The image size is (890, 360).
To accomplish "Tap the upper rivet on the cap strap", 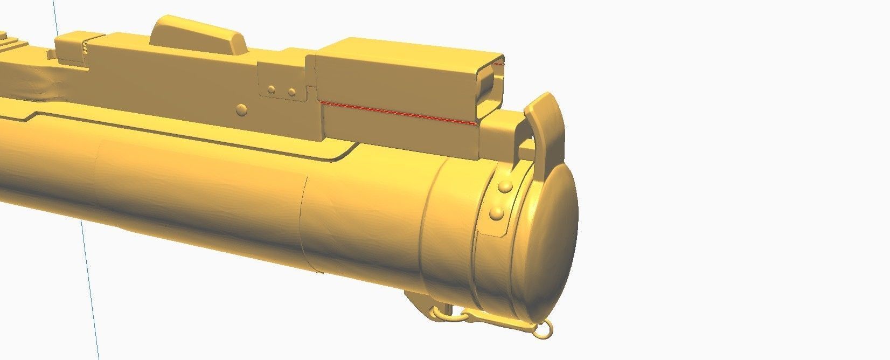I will tap(505, 187).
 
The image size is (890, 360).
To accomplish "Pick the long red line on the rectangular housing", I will tap(399, 112).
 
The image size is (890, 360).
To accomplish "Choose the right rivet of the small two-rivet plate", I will tap(291, 92).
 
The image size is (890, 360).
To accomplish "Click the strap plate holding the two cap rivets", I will tap(498, 202).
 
